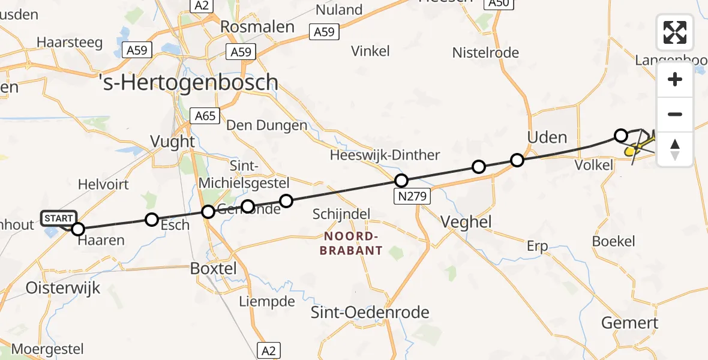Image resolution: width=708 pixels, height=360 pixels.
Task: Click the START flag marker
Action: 59,218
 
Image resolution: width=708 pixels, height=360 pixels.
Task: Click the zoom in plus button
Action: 675,80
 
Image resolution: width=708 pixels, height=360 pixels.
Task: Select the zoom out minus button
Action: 675,114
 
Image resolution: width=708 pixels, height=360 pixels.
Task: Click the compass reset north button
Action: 675,149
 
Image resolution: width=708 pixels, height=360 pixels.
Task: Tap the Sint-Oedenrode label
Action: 370,312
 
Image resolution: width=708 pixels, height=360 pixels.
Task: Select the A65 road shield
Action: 205,115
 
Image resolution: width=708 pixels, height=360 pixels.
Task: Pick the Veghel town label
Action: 466,222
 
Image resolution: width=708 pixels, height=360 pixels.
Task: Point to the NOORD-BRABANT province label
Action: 351,243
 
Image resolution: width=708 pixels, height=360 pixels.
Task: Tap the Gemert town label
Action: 630,323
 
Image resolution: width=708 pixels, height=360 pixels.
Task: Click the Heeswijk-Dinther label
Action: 385,155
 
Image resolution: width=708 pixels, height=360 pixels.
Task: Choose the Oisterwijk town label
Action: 63,288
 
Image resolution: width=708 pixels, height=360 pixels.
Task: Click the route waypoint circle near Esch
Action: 152,220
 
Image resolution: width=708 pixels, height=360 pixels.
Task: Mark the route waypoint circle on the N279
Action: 401,180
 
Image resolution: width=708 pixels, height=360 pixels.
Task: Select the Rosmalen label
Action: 257,26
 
